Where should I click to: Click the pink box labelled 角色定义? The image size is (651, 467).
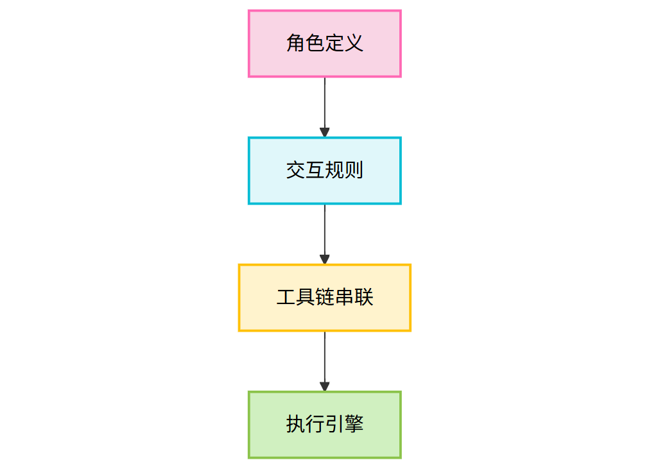[x=325, y=44]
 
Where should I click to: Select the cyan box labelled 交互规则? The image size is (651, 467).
[x=325, y=171]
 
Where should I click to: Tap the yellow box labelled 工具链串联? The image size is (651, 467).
[x=325, y=298]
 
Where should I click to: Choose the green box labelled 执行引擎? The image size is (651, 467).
[x=325, y=424]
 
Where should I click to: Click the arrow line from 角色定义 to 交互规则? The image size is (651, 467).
[x=325, y=107]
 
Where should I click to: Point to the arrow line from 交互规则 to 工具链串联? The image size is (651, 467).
[x=325, y=234]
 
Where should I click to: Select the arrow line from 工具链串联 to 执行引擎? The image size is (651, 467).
[x=325, y=361]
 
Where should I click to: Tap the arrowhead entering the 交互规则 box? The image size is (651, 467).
[x=325, y=132]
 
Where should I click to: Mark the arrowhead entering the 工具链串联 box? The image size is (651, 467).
[x=325, y=259]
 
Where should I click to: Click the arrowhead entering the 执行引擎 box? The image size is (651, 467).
[x=325, y=386]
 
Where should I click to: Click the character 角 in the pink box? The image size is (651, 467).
[x=295, y=43]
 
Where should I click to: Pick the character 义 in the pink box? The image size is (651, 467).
[x=354, y=43]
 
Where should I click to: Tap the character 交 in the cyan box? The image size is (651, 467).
[x=295, y=170]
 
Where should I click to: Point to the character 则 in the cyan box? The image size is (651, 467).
[x=354, y=170]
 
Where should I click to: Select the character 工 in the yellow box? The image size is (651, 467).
[x=286, y=297]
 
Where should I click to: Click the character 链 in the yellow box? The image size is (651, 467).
[x=325, y=297]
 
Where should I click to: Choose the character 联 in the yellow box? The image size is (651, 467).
[x=363, y=297]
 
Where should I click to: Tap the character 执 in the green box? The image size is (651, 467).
[x=295, y=424]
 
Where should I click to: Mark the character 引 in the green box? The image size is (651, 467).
[x=334, y=424]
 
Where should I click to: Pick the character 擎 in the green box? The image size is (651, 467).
[x=354, y=424]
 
